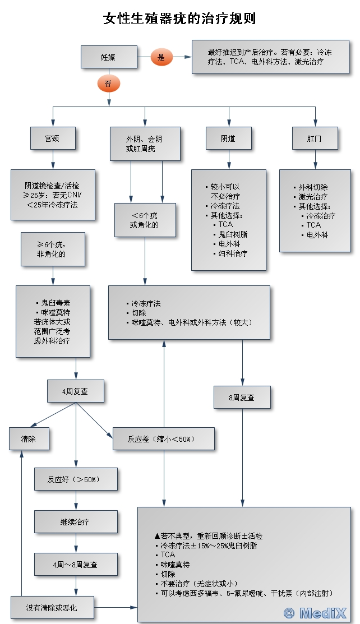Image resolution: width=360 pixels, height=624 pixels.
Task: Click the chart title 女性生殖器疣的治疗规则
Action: [179, 19]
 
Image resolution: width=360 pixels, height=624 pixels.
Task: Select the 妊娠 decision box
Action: [109, 57]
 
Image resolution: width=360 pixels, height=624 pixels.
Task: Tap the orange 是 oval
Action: [161, 57]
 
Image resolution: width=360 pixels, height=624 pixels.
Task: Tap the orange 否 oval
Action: [108, 84]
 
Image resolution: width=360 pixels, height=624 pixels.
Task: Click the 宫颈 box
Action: [52, 138]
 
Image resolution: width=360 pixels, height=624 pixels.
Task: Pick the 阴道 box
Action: [228, 138]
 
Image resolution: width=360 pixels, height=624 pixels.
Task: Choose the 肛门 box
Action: [315, 138]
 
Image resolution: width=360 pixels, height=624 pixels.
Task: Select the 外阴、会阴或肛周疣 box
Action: [145, 144]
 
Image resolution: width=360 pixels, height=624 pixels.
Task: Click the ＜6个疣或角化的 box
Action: [145, 219]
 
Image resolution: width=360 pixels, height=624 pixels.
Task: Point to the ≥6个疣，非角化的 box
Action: [53, 249]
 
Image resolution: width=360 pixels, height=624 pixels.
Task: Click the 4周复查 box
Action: [75, 391]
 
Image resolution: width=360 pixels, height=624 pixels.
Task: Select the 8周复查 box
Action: [242, 397]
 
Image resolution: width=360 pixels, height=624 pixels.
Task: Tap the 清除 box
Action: [29, 438]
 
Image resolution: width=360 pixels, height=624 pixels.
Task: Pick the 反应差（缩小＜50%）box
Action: [163, 438]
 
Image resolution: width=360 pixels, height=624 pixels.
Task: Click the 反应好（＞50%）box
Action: [76, 479]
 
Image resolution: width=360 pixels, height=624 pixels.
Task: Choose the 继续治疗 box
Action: [76, 521]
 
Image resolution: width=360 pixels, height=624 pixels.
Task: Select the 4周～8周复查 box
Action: [76, 565]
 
